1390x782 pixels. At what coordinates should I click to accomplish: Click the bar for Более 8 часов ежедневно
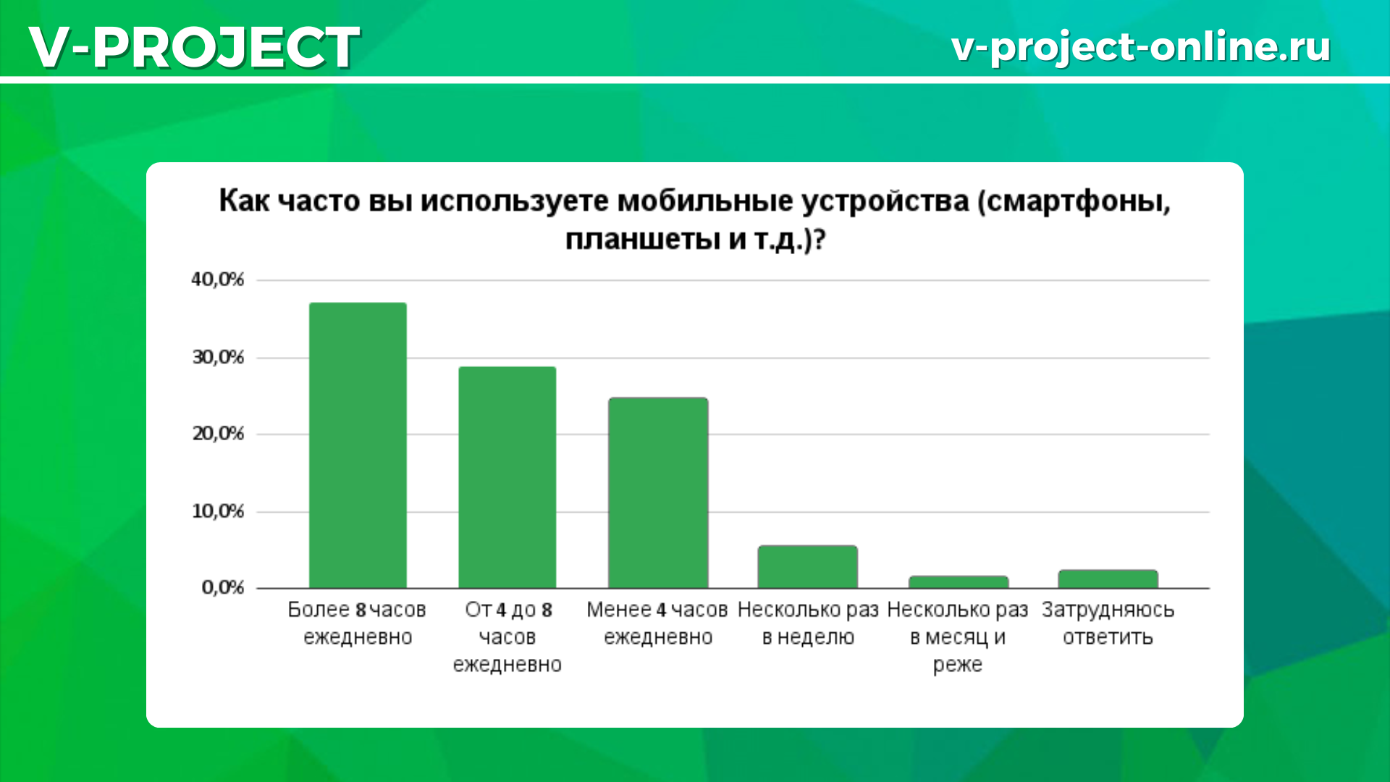358,445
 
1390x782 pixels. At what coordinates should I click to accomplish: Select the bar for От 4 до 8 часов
507,477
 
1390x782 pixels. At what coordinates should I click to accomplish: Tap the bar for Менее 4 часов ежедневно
658,492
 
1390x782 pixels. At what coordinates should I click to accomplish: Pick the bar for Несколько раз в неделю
808,567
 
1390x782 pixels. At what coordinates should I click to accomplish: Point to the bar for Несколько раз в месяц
959,582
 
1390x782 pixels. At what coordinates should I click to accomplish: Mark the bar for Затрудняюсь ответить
1108,579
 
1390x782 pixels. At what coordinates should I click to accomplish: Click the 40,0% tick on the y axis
218,279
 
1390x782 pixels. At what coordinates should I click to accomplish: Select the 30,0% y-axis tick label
218,357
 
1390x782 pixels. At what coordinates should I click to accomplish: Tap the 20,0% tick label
218,434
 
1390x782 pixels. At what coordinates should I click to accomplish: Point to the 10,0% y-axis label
218,511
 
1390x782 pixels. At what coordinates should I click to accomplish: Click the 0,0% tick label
223,587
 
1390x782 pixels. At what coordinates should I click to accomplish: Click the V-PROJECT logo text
194,47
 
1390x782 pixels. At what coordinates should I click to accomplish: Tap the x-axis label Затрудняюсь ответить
1108,623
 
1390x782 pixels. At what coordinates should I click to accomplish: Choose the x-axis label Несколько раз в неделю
808,623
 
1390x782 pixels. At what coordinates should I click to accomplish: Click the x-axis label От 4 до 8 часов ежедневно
507,637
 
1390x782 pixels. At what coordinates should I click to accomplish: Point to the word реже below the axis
958,665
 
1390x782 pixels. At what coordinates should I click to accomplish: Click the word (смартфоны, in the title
1074,201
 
